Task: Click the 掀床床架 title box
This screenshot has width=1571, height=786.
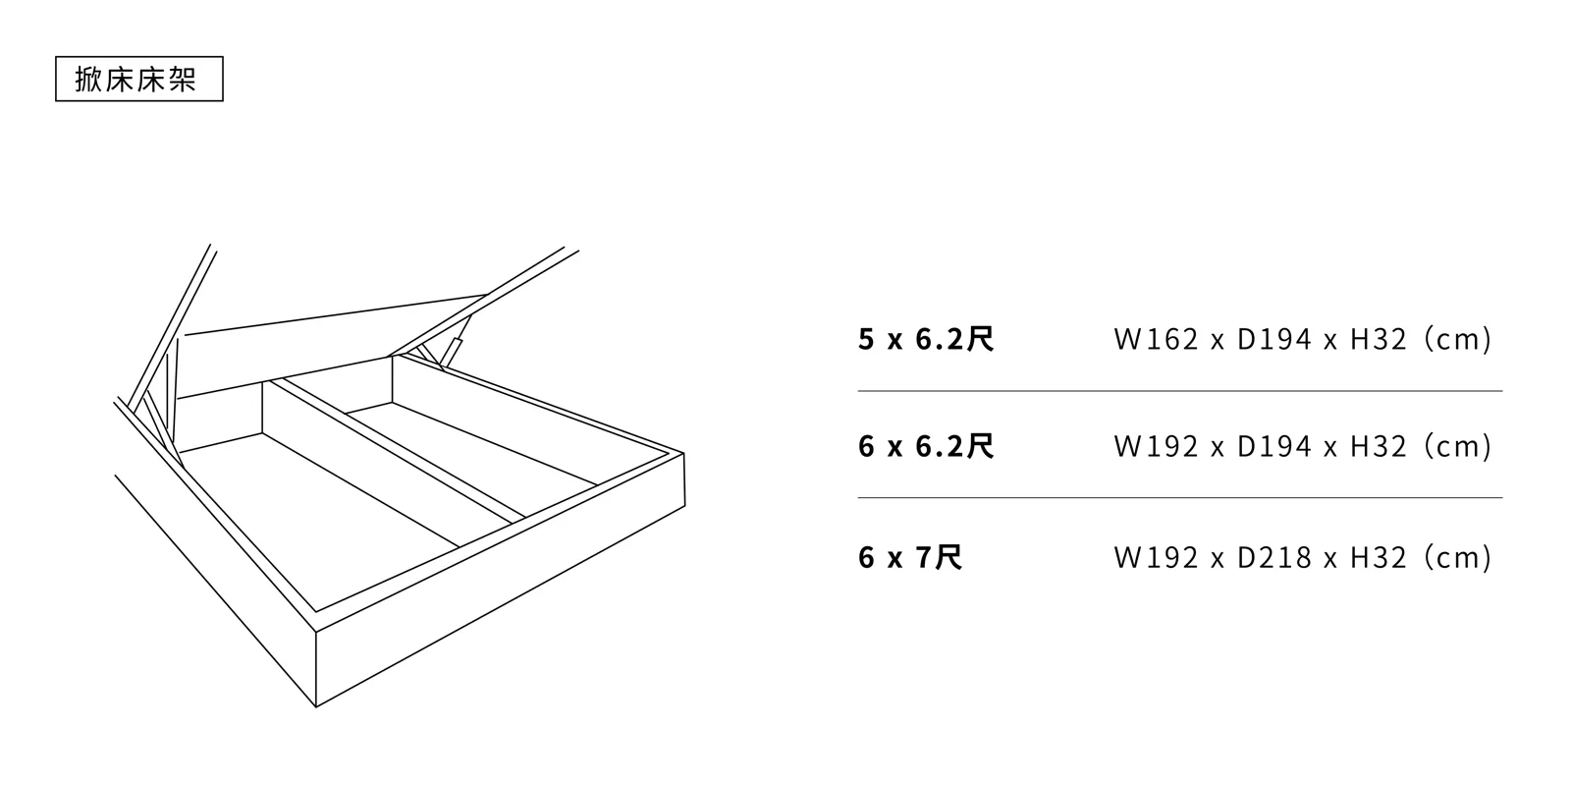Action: (x=138, y=80)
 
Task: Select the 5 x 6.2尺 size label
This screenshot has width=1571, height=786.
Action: (x=926, y=340)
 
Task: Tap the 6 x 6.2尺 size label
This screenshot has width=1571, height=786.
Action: (x=926, y=447)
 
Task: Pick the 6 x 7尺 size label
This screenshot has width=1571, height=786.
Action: (x=909, y=558)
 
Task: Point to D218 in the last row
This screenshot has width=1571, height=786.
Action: (x=1274, y=558)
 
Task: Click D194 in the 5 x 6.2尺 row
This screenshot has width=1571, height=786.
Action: (x=1274, y=340)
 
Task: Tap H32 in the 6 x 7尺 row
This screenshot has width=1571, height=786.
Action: (x=1379, y=558)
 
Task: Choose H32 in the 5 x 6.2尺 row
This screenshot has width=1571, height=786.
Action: (x=1379, y=340)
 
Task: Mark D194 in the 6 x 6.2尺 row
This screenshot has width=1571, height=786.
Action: (x=1274, y=447)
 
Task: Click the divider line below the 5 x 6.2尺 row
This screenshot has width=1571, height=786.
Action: (x=1178, y=391)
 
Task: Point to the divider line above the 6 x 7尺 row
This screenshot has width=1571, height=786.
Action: (x=1178, y=498)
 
